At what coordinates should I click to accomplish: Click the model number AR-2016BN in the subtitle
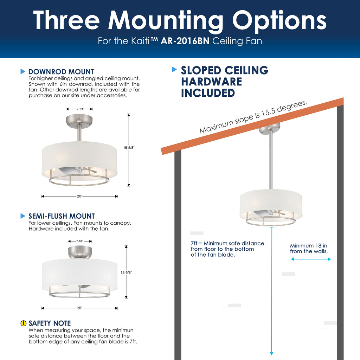coord(185,41)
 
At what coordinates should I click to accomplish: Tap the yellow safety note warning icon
coord(24,323)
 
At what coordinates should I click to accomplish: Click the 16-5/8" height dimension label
coord(129,148)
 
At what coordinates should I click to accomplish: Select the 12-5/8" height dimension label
coord(126,272)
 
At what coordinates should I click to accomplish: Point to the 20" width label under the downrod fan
coord(80,196)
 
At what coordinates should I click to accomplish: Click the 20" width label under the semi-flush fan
coord(80,308)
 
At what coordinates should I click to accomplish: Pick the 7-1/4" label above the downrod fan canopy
coord(81,109)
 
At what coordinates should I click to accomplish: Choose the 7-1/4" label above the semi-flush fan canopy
coord(80,241)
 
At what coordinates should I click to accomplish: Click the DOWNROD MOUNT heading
coord(61,72)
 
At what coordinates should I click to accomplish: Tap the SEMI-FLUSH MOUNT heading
coord(62,216)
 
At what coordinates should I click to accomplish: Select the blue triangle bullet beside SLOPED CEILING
coord(174,69)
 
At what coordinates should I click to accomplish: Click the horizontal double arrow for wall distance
coord(311,259)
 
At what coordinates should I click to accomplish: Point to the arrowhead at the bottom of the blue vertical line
coord(272,354)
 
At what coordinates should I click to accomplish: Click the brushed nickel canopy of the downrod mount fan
coord(79,121)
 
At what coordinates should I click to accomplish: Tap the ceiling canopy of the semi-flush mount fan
coord(80,252)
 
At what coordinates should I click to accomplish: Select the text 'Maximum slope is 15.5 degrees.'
coord(253,117)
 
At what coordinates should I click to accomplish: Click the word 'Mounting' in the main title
coord(166,21)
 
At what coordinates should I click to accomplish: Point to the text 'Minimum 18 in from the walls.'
coord(309,249)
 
